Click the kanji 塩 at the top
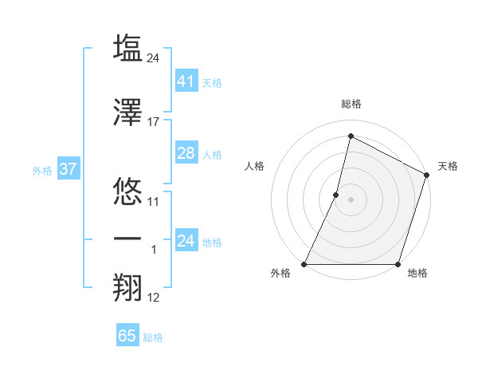[127, 48]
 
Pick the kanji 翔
[127, 288]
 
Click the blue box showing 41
[186, 81]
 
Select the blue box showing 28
[186, 153]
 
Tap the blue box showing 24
[186, 241]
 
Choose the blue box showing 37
[68, 169]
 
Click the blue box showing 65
[127, 336]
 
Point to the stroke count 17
[154, 122]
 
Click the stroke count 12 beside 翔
[154, 298]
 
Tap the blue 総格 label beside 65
[153, 337]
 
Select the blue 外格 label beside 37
[41, 170]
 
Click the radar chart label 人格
[255, 166]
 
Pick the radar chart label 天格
[448, 166]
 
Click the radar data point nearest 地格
[398, 264]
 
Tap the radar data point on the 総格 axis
[351, 136]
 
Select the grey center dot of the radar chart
[351, 199]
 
